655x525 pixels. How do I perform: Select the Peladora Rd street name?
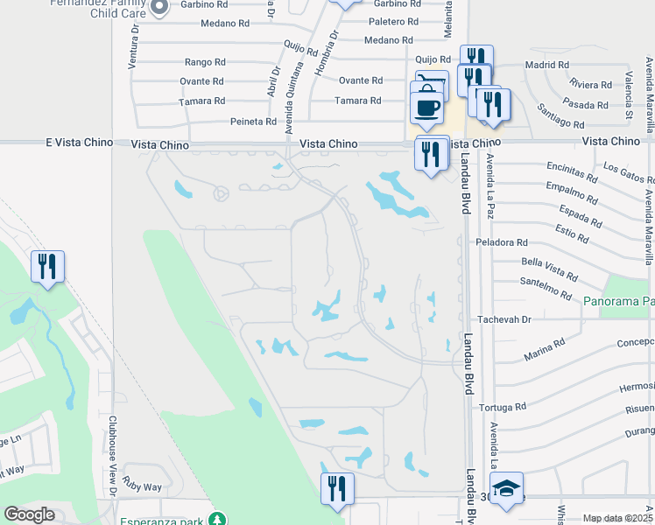click(502, 241)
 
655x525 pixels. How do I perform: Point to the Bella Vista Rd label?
click(548, 263)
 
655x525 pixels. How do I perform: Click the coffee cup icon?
click(427, 108)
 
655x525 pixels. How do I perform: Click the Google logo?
click(29, 514)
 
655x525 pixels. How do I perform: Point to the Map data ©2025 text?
click(617, 519)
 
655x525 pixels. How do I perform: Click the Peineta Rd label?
click(253, 122)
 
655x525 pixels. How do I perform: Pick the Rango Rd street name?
click(205, 62)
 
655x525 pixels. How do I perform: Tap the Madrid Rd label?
click(546, 65)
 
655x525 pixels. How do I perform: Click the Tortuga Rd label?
click(503, 407)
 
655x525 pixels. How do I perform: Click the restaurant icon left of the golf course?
click(46, 266)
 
